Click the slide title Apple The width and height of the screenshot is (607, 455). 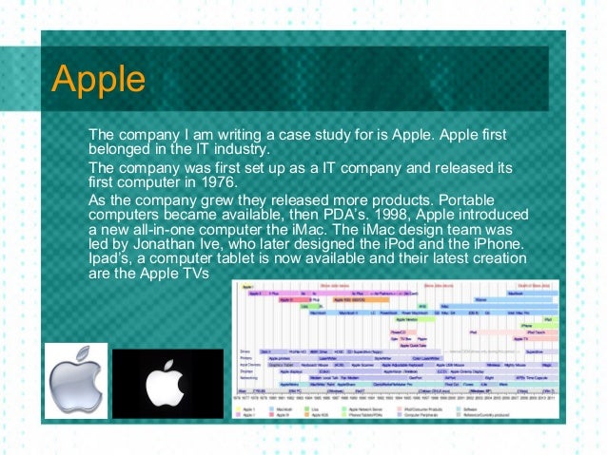pos(98,78)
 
